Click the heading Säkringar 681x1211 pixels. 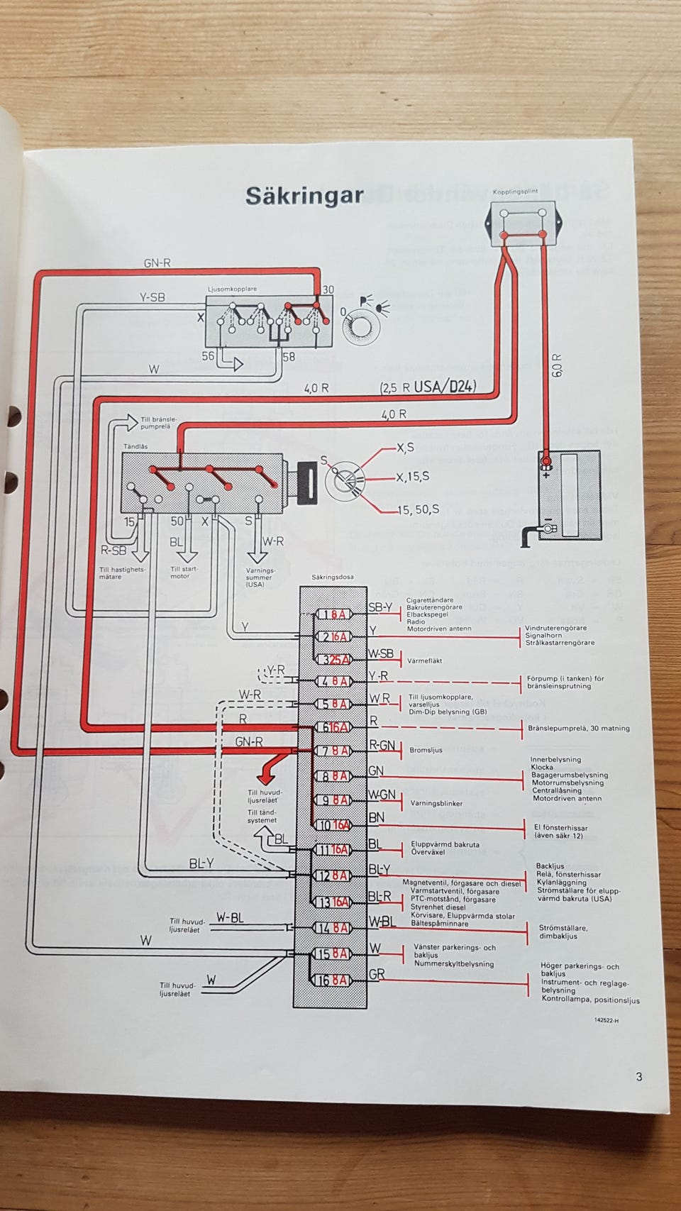point(304,196)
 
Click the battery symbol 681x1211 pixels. point(570,494)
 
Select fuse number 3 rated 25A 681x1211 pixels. point(333,659)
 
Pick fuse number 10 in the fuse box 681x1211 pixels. point(333,825)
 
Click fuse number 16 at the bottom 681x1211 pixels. point(333,980)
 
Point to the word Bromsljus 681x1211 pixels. point(426,750)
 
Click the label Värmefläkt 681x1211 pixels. point(425,660)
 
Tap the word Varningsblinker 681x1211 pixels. point(436,804)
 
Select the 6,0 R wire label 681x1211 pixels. point(557,365)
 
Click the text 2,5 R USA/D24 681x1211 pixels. point(428,387)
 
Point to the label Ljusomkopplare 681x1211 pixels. point(233,289)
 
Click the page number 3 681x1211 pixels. point(638,1077)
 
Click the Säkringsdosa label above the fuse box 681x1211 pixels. point(333,577)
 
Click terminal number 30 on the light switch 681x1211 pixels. point(328,289)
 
